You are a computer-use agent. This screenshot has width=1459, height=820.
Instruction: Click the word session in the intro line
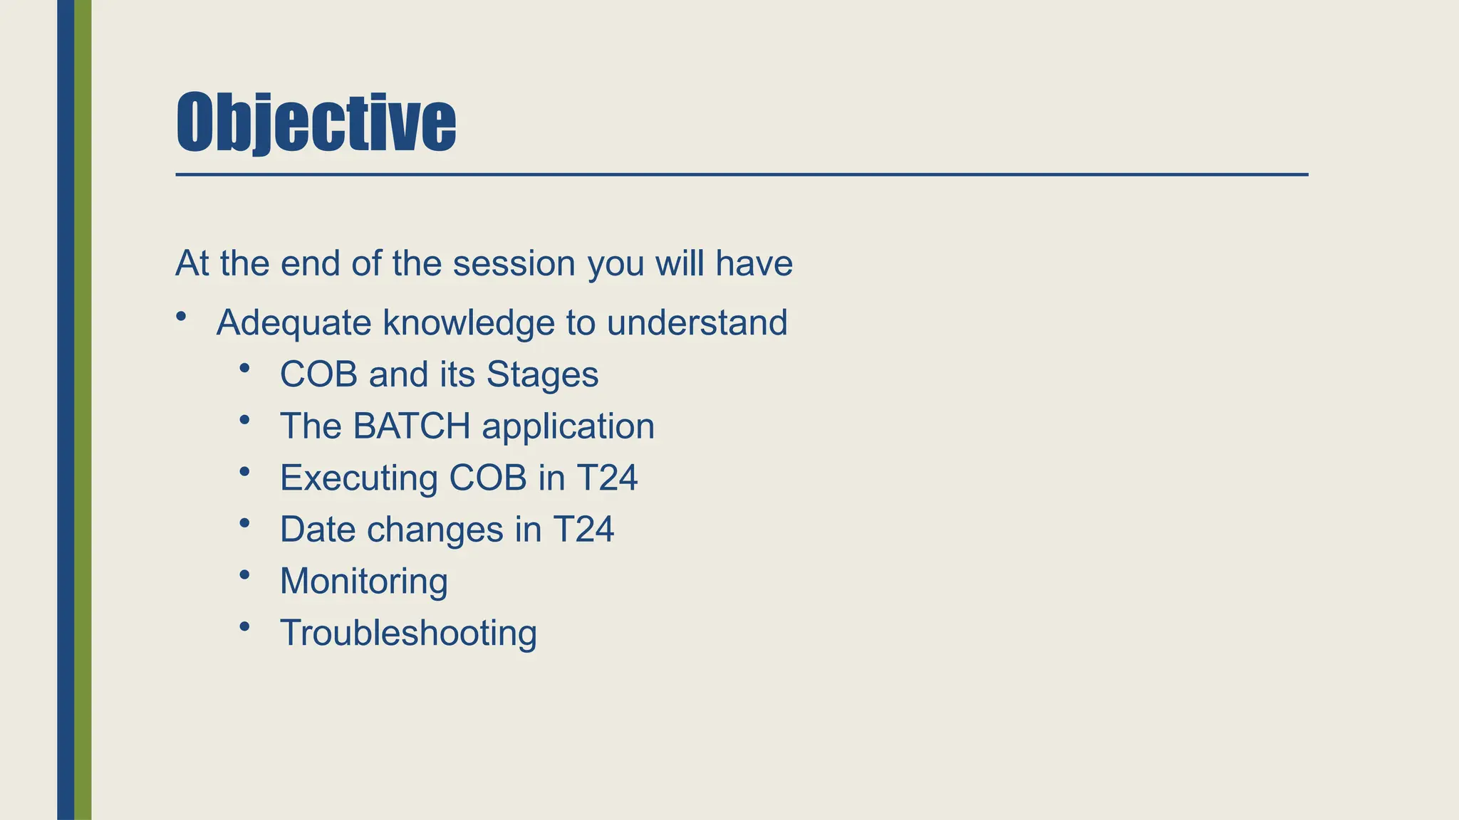pyautogui.click(x=514, y=263)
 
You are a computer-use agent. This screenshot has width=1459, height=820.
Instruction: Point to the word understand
pyautogui.click(x=697, y=322)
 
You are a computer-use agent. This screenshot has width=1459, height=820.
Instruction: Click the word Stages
pyautogui.click(x=542, y=374)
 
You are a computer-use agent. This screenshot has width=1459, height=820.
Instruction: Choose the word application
pyautogui.click(x=568, y=426)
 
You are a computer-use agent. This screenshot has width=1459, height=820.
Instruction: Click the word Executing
pyautogui.click(x=358, y=478)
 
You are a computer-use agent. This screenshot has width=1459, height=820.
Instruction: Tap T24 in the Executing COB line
pyautogui.click(x=607, y=478)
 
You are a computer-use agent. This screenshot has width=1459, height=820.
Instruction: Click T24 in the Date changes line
pyautogui.click(x=583, y=530)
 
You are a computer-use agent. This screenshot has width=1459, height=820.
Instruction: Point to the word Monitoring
pyautogui.click(x=364, y=581)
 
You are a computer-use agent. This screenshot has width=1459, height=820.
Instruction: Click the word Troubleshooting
pyautogui.click(x=408, y=633)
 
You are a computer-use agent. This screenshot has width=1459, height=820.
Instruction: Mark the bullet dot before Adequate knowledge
pyautogui.click(x=182, y=315)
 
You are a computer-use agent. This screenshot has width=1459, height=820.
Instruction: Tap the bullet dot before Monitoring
pyautogui.click(x=245, y=574)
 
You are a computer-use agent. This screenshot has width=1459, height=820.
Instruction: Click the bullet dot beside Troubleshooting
pyautogui.click(x=245, y=626)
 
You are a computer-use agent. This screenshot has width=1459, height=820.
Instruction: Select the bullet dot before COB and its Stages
pyautogui.click(x=245, y=367)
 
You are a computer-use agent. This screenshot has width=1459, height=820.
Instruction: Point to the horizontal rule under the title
pyautogui.click(x=741, y=174)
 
